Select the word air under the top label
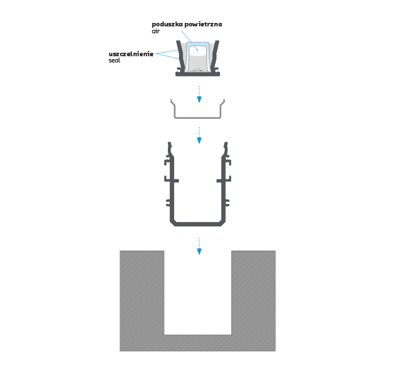click(x=155, y=31)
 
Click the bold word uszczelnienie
click(x=131, y=54)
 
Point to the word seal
click(x=114, y=60)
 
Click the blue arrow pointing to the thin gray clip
click(x=199, y=94)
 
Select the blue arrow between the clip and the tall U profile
click(x=199, y=135)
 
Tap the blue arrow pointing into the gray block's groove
click(x=199, y=246)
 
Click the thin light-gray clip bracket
click(x=198, y=117)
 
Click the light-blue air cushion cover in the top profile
click(x=198, y=44)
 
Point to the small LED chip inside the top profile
click(x=198, y=69)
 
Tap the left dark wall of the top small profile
click(x=181, y=56)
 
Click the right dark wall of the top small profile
click(x=214, y=56)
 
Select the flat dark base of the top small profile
click(x=198, y=74)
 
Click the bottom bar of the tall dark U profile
click(x=198, y=224)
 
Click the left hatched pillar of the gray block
click(x=142, y=292)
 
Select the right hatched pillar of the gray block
click(x=253, y=292)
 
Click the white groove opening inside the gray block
click(x=198, y=293)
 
